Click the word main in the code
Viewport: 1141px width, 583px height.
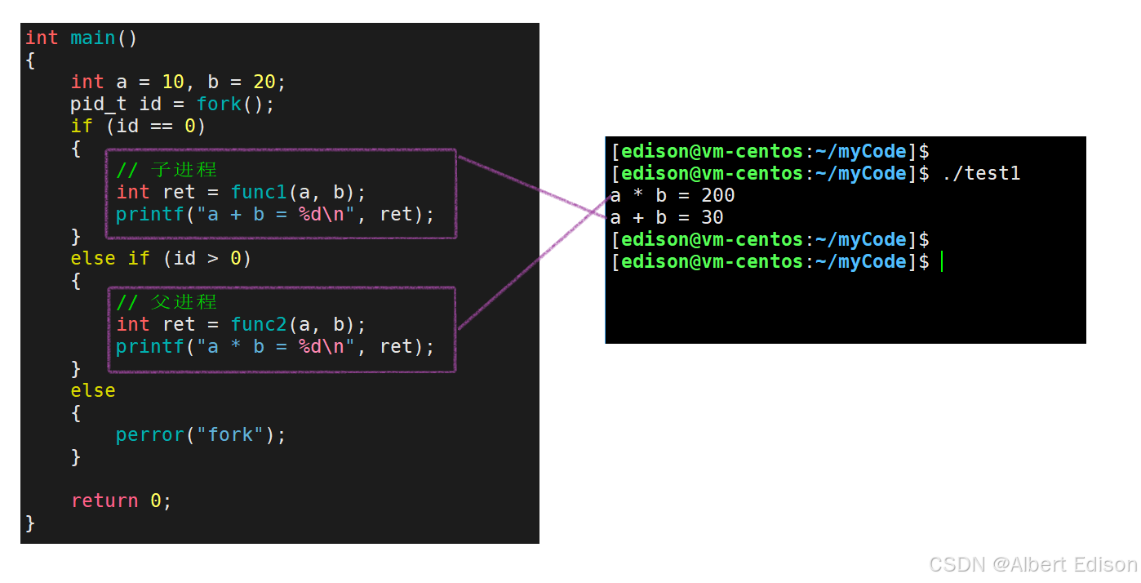[93, 38]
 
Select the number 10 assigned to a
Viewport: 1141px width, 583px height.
[173, 82]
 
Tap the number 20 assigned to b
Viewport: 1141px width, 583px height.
[264, 82]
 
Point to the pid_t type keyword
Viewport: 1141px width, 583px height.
[99, 104]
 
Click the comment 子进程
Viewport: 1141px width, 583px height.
[184, 170]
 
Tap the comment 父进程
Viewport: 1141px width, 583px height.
[184, 302]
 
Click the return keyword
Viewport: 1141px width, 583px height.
[104, 501]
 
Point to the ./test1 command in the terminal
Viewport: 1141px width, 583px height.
[981, 173]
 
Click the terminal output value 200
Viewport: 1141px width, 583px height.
[718, 195]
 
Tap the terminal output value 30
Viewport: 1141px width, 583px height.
[713, 217]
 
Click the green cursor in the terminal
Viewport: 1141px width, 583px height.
[941, 261]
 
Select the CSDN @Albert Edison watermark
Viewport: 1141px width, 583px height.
[1032, 564]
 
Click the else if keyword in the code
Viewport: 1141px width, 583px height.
[110, 258]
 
